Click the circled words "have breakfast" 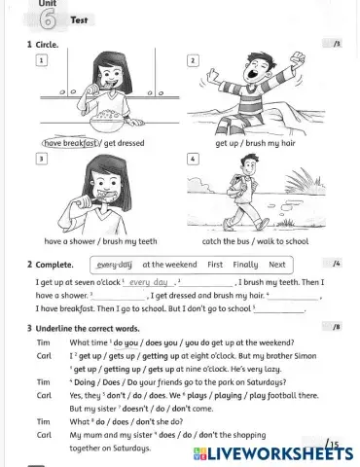pyautogui.click(x=71, y=143)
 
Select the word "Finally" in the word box pyautogui.click(x=245, y=264)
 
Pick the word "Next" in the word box pyautogui.click(x=277, y=264)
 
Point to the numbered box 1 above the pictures pyautogui.click(x=42, y=60)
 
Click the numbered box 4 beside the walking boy pyautogui.click(x=193, y=158)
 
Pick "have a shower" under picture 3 pyautogui.click(x=68, y=241)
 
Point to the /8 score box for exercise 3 pyautogui.click(x=336, y=328)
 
